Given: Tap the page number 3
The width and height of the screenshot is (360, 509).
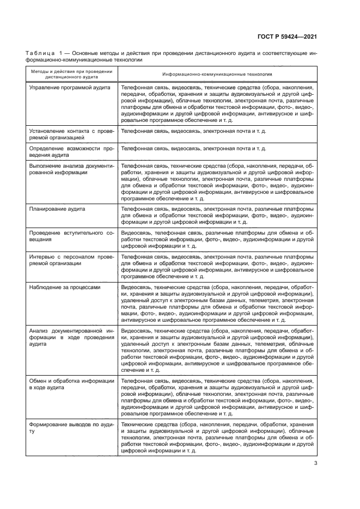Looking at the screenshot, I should (315, 464).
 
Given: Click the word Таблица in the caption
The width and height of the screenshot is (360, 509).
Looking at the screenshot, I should (40, 53).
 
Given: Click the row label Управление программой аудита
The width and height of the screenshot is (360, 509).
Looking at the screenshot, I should (70, 87).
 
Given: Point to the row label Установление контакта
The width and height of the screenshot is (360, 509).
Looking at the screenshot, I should (71, 134).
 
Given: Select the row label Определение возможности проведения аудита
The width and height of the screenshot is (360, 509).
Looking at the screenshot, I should (71, 151).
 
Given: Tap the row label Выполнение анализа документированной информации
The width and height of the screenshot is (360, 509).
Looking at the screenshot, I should (71, 168).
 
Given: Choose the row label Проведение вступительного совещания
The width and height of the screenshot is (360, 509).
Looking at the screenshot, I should (71, 236).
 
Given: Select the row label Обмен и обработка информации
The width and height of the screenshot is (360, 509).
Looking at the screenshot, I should (71, 384).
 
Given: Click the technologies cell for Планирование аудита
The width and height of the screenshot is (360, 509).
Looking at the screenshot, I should (217, 215).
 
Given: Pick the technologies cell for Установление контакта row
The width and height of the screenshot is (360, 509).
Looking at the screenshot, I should (193, 131).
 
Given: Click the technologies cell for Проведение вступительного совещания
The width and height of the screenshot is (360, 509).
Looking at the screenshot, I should (217, 239).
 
